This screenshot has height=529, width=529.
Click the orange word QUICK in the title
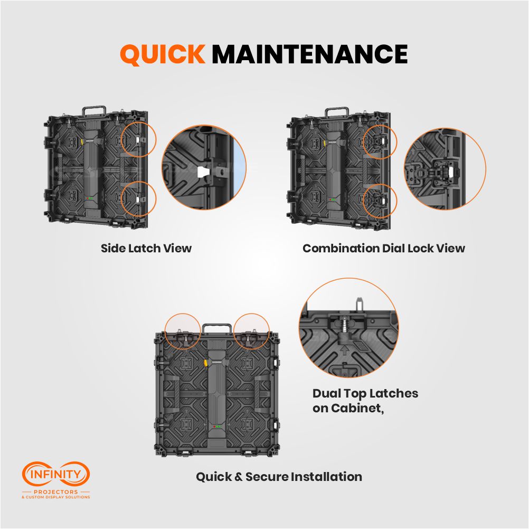pos(163,54)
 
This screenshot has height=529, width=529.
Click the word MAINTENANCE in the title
pos(310,54)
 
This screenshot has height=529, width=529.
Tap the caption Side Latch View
pos(146,248)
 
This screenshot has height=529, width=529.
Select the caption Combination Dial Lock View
pos(384,248)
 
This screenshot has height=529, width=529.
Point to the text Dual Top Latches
pos(365,394)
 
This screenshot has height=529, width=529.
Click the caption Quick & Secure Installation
pos(279,477)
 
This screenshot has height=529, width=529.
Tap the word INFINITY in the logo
pos(55,474)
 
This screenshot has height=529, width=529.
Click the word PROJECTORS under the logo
pos(55,492)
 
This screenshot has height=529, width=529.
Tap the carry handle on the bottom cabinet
pos(217,328)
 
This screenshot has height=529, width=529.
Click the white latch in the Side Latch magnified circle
pos(203,171)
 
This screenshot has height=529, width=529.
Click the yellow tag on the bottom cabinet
pos(205,363)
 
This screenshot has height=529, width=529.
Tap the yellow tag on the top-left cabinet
pos(82,140)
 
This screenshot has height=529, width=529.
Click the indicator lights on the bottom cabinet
pos(217,427)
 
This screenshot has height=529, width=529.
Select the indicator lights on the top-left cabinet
pos(90,199)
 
